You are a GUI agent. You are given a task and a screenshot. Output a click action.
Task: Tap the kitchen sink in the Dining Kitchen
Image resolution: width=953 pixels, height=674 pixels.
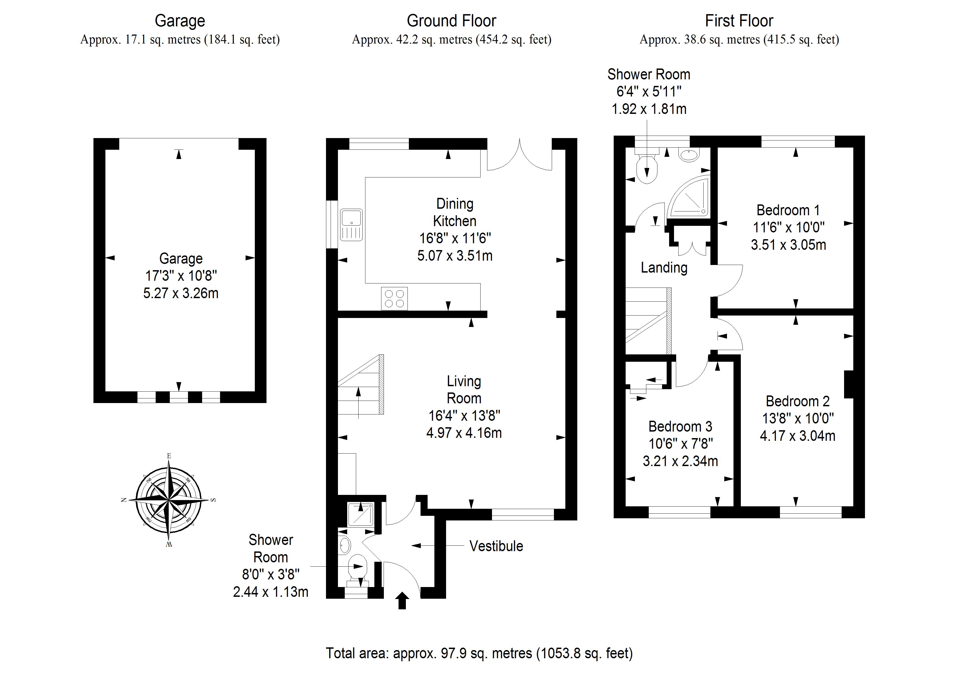pos(351,225)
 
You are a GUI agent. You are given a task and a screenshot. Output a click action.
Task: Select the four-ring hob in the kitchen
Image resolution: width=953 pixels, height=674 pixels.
pos(394,298)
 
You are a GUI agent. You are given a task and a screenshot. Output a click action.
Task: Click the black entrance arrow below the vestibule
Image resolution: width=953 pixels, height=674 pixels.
pos(402,601)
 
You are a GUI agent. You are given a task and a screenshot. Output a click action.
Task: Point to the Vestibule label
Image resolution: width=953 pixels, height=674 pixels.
pos(496,546)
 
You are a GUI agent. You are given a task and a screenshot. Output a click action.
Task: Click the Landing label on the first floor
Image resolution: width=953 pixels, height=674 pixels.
pos(664,267)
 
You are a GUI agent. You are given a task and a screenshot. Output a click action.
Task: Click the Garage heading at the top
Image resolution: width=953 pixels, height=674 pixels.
pos(180,21)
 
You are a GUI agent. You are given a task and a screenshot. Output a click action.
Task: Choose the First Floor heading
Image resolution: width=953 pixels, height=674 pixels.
pos(739,21)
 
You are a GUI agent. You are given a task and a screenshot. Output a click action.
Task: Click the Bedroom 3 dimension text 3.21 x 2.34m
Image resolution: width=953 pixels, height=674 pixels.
pos(680,461)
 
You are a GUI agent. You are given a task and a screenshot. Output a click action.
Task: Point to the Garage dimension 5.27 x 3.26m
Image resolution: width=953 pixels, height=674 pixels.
pos(181,293)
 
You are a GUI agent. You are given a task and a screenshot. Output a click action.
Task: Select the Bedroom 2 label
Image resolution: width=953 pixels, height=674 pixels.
pos(797,401)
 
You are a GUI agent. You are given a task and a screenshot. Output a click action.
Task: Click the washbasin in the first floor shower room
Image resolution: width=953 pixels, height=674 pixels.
pos(689,155)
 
